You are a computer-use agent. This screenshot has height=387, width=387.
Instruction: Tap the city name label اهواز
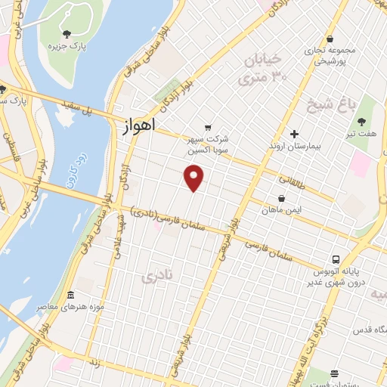coord(138,126)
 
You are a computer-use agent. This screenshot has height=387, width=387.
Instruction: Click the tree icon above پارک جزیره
coord(67,33)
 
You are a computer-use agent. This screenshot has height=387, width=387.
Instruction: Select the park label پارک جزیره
coord(65,47)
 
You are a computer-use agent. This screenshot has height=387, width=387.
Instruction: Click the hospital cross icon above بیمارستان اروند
coord(294,134)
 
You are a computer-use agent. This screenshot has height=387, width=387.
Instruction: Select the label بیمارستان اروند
coord(294,146)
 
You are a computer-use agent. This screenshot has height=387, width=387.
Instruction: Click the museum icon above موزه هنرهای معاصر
coord(71,295)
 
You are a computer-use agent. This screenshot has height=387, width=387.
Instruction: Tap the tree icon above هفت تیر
coord(361,122)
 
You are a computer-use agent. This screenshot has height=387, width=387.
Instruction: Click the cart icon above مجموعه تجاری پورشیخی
coord(330,39)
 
